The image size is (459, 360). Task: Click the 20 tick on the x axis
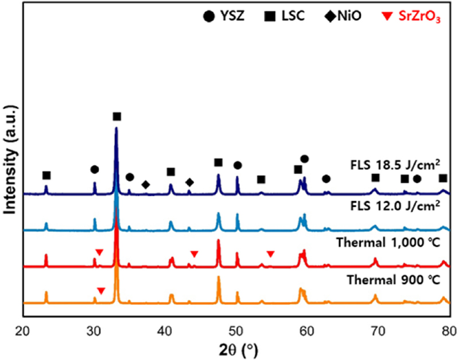(x=23, y=330)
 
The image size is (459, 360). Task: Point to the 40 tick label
(x=165, y=330)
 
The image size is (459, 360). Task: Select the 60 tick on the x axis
(x=308, y=330)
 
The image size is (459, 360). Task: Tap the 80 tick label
(x=449, y=330)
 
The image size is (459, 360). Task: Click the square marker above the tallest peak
(x=117, y=117)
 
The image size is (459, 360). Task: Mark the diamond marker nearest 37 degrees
(x=146, y=184)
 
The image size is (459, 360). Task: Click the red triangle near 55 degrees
(x=271, y=254)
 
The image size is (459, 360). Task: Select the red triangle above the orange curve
(x=101, y=291)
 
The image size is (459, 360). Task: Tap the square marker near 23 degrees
(x=46, y=175)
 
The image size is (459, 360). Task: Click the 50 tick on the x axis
(x=236, y=330)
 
